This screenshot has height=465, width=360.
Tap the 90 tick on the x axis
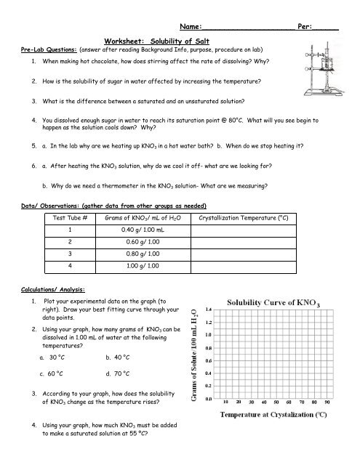point(327,400)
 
